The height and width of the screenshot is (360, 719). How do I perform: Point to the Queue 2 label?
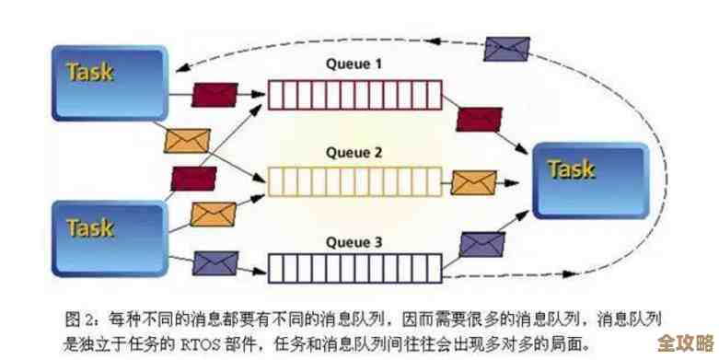pos(354,154)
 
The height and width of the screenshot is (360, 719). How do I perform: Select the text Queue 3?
pos(354,243)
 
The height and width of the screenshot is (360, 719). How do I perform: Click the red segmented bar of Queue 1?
pos(354,92)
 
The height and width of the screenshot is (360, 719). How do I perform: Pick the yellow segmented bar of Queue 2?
pos(354,181)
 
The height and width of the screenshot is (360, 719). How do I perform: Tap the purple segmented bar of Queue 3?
pos(354,268)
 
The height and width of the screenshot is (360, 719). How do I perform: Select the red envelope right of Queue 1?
pos(479,119)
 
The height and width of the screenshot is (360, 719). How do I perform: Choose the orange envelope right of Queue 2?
pos(475,180)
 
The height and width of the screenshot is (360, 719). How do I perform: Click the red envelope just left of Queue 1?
pos(215,92)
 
